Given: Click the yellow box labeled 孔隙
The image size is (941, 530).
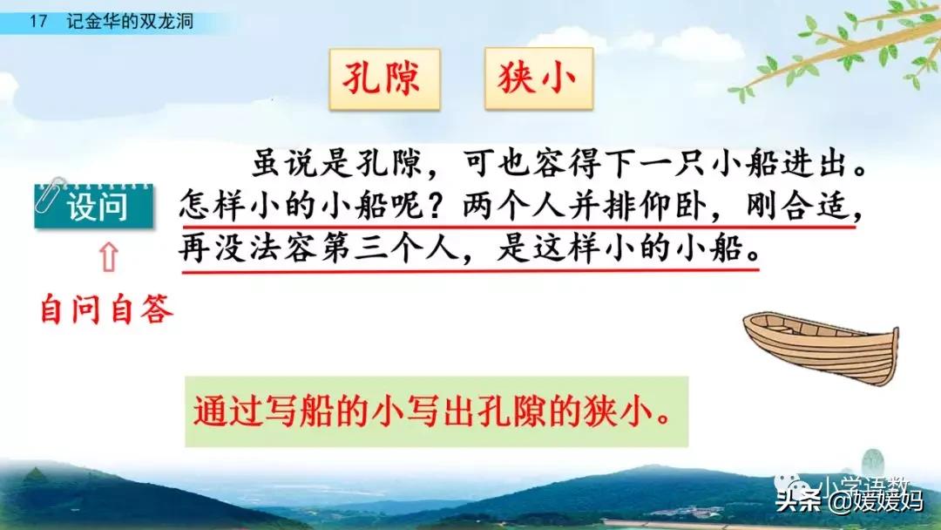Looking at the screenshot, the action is point(385,79).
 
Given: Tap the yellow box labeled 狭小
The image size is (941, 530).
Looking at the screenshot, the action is point(538,79).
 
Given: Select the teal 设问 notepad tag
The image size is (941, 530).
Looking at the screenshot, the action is point(94,207).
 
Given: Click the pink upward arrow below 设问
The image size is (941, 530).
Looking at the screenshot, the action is point(108,257).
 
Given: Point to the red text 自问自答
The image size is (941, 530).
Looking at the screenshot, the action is point(107,310).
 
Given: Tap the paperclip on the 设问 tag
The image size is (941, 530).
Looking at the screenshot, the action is point(48,194).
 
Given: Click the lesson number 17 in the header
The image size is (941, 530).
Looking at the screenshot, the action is point(37,22).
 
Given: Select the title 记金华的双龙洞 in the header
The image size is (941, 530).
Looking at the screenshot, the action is point(130,22).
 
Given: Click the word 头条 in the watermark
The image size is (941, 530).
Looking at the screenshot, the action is point(798,500).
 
